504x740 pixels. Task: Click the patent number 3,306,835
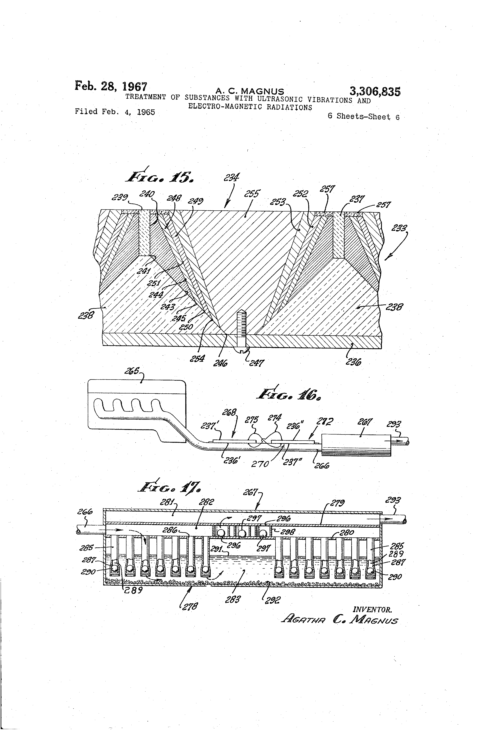pos(375,92)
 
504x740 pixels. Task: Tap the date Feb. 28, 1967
pos(111,86)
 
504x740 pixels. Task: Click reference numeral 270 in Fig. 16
pos(260,464)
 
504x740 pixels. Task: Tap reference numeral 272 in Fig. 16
pos(325,422)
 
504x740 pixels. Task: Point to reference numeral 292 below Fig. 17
pos(273,600)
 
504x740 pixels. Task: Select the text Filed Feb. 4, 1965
pos(115,112)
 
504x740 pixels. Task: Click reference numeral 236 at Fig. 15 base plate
pos(353,362)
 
